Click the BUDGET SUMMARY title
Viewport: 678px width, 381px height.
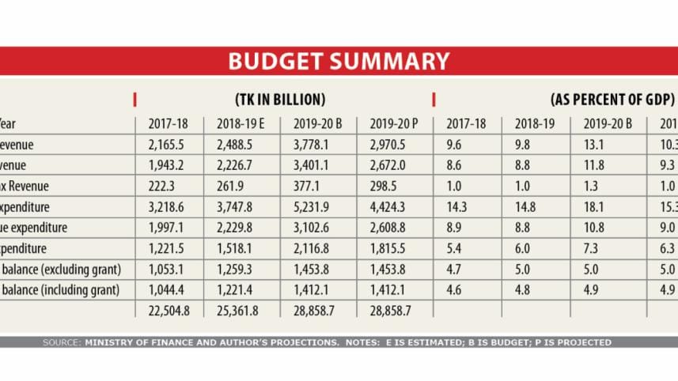(x=339, y=62)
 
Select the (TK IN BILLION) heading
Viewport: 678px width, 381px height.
(x=281, y=100)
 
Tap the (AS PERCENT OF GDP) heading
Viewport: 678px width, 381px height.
(x=612, y=100)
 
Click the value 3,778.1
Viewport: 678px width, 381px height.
(x=315, y=145)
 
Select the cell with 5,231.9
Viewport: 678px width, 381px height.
(x=315, y=207)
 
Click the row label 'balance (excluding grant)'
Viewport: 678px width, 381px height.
(x=60, y=269)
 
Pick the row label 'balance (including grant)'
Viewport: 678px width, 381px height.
(x=60, y=290)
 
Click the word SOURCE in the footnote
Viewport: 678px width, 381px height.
(x=62, y=342)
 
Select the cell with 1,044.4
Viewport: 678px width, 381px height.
(x=167, y=290)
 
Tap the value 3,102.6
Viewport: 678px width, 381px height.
(x=315, y=228)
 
